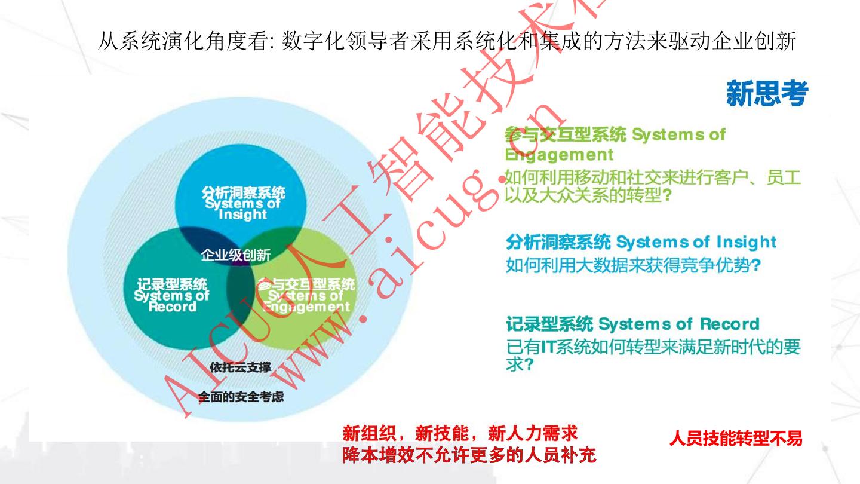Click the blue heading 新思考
[x=767, y=94]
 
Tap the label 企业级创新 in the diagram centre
[x=235, y=255]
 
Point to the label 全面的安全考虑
[x=241, y=396]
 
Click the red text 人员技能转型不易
[x=736, y=439]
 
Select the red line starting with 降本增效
[x=469, y=456]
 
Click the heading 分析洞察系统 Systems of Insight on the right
[x=641, y=243]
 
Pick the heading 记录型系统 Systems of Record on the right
[x=632, y=324]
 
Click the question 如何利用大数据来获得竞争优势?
[x=632, y=265]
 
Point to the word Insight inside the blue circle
[x=242, y=214]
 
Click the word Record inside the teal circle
[x=172, y=307]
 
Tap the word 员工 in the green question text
[x=784, y=178]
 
